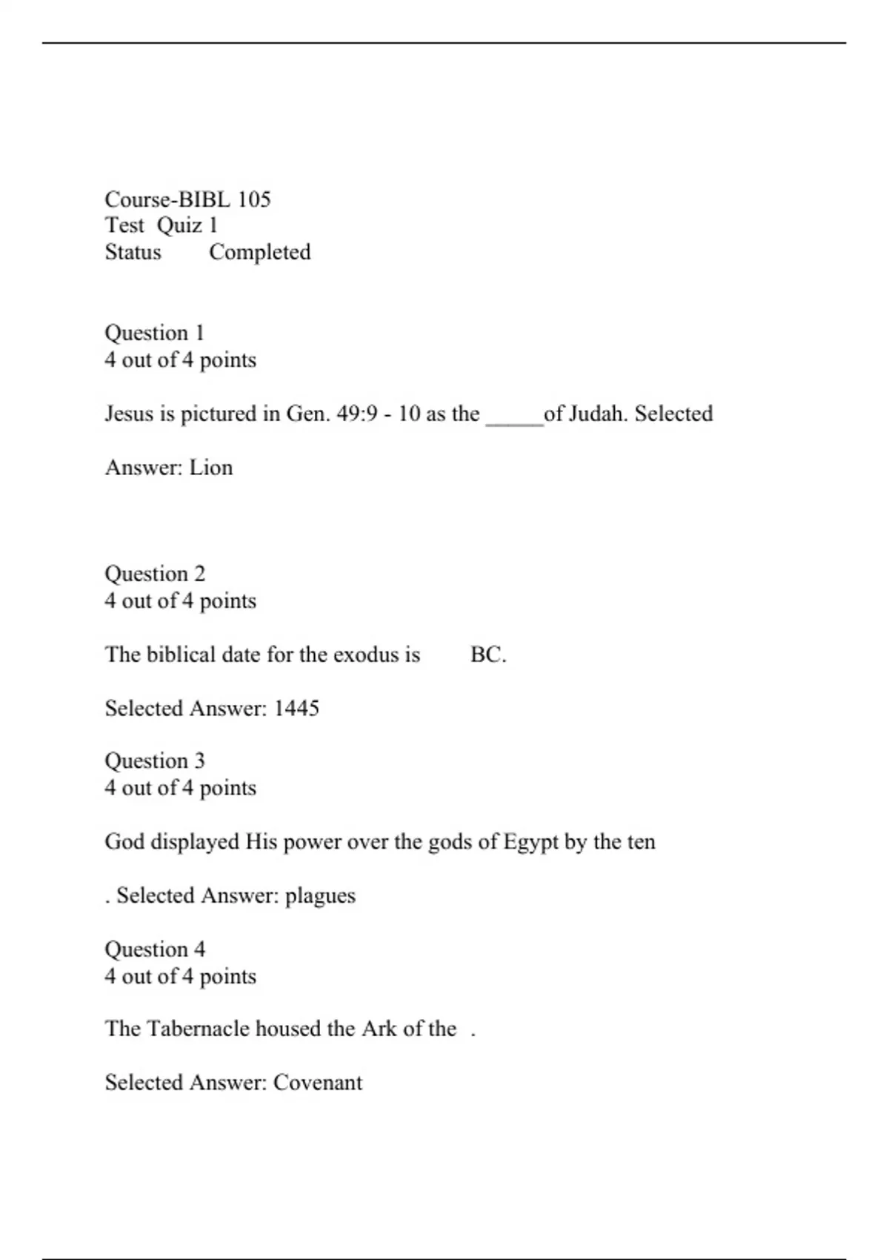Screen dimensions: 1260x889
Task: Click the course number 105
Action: click(x=254, y=199)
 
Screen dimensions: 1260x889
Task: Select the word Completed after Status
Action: click(x=259, y=252)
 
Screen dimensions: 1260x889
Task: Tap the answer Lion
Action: click(x=211, y=468)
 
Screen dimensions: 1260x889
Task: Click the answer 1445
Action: click(x=296, y=709)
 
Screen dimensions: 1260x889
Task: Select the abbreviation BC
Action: click(x=487, y=655)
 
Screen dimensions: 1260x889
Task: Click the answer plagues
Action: click(x=320, y=896)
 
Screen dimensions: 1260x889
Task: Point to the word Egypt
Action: click(x=530, y=843)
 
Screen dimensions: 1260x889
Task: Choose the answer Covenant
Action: click(x=318, y=1083)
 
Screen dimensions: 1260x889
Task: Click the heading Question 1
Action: click(x=154, y=334)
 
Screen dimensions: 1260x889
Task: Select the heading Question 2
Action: click(x=155, y=574)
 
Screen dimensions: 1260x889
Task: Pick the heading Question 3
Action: click(x=155, y=761)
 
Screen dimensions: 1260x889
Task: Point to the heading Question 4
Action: click(x=155, y=949)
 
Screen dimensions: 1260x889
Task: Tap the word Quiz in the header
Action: click(x=179, y=225)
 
